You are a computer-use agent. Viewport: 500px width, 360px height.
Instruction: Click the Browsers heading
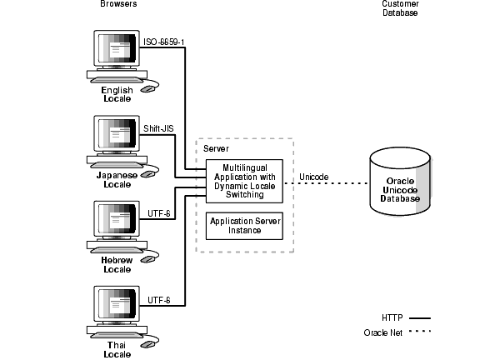117,4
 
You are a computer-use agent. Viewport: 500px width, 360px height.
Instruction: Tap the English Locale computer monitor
116,52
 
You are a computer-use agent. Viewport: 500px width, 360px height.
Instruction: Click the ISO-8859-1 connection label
163,42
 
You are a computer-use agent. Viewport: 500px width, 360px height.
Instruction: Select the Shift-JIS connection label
159,129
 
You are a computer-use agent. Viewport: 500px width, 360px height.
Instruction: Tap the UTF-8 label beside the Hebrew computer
158,213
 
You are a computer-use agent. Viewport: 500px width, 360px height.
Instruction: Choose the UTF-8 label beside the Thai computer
158,299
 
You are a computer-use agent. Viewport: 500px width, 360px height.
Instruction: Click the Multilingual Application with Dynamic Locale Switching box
244,181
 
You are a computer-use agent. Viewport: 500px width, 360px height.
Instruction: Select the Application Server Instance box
244,225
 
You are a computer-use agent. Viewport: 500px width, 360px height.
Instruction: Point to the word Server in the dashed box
217,147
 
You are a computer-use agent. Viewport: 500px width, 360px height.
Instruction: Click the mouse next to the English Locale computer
148,87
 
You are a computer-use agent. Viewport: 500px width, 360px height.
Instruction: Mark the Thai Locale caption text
116,350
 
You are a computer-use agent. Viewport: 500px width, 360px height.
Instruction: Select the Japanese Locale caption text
116,180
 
